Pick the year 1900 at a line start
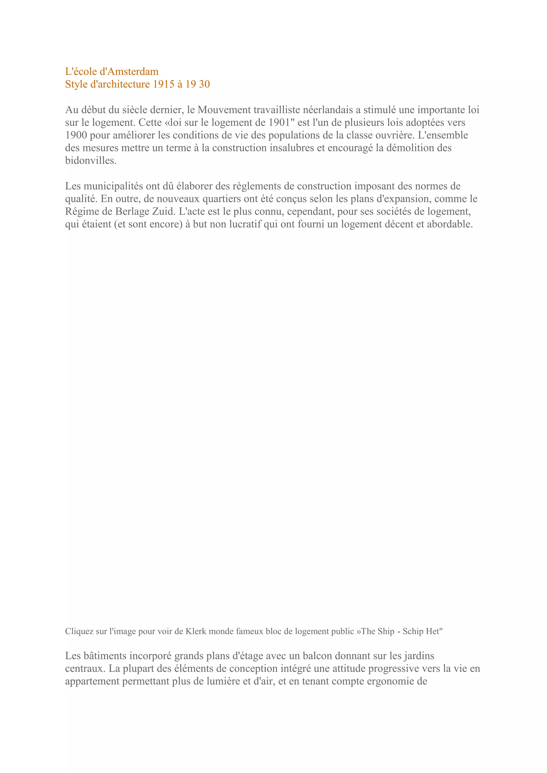coord(76,135)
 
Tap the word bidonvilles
coord(90,161)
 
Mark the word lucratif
coord(245,224)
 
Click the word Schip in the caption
coord(413,631)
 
